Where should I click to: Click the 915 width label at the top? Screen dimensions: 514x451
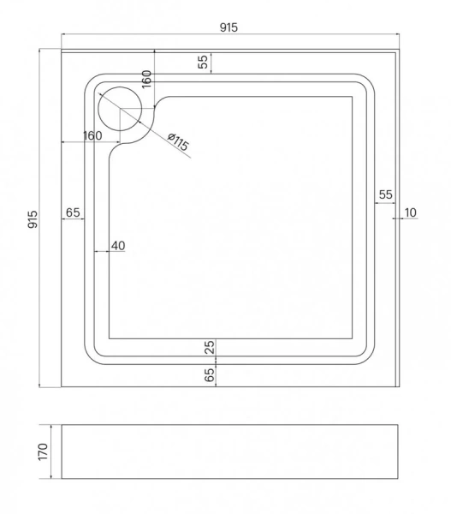228,27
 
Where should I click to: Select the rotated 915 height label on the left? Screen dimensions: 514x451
32,219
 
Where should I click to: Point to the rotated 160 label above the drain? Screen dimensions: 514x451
146,80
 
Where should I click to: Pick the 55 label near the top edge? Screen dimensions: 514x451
203,62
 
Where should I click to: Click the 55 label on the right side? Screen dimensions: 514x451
385,194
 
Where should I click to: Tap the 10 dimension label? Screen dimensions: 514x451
410,212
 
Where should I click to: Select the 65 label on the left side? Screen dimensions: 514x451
72,212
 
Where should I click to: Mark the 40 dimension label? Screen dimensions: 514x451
117,246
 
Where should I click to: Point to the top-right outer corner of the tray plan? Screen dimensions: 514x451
399,51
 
